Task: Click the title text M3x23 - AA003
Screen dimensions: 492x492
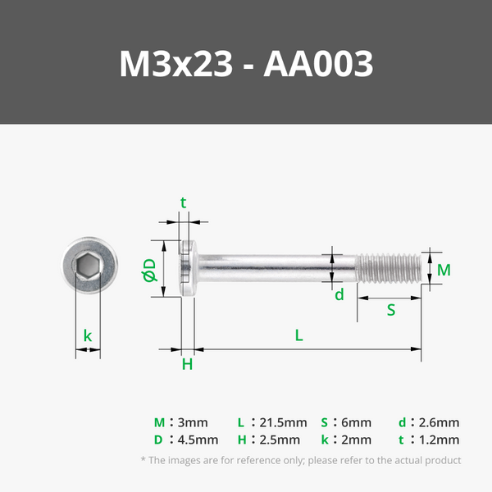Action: click(246, 64)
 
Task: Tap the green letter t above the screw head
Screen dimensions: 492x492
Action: click(184, 203)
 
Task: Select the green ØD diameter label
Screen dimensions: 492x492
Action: click(149, 270)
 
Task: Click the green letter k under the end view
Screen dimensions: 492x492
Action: click(88, 335)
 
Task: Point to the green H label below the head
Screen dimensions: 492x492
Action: click(187, 364)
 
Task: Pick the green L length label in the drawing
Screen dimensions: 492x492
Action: click(299, 335)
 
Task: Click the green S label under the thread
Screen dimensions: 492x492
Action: click(391, 310)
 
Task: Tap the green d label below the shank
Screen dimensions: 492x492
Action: click(339, 295)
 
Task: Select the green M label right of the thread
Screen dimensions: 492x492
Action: click(444, 270)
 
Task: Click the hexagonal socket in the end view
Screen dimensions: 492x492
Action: click(89, 266)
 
